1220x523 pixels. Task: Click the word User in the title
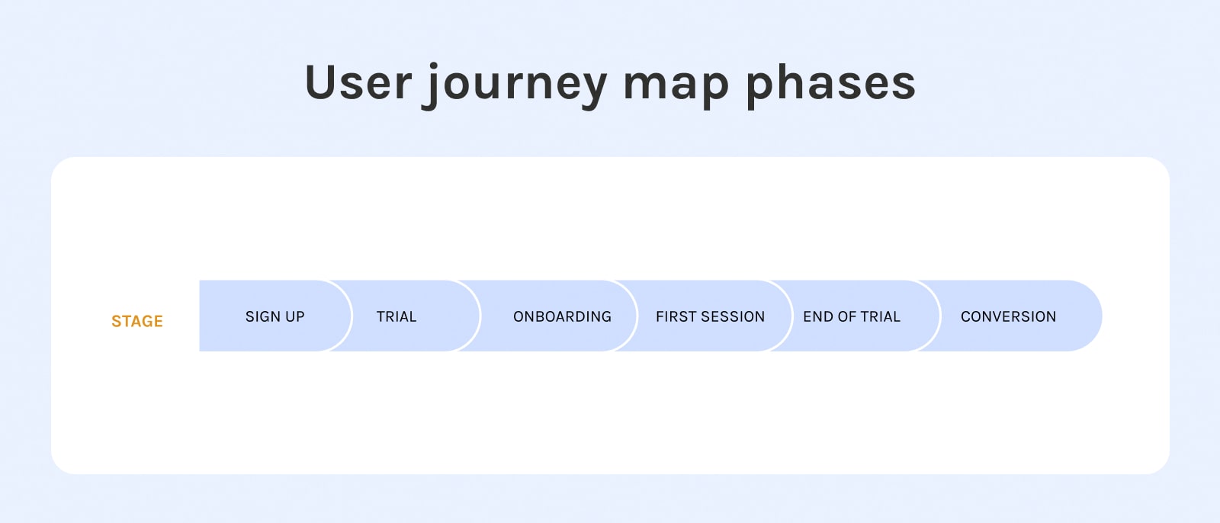(x=358, y=83)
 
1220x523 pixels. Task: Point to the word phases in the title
(x=830, y=85)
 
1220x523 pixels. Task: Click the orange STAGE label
(x=137, y=322)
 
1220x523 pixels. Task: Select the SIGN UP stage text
(x=275, y=316)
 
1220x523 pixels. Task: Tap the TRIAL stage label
(x=396, y=316)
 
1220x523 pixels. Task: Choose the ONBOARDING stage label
(x=562, y=316)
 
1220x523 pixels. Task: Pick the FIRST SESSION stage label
(x=710, y=316)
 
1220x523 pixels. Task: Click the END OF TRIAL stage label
(x=852, y=316)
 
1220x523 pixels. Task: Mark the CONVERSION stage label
(x=1008, y=316)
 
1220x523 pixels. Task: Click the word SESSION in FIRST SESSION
(x=733, y=316)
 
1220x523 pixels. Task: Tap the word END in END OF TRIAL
(x=816, y=316)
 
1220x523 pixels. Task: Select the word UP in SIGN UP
(x=294, y=316)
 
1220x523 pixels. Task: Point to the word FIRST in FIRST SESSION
(x=676, y=316)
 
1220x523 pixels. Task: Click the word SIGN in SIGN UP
(x=262, y=316)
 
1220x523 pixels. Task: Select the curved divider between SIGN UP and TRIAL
(x=352, y=316)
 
